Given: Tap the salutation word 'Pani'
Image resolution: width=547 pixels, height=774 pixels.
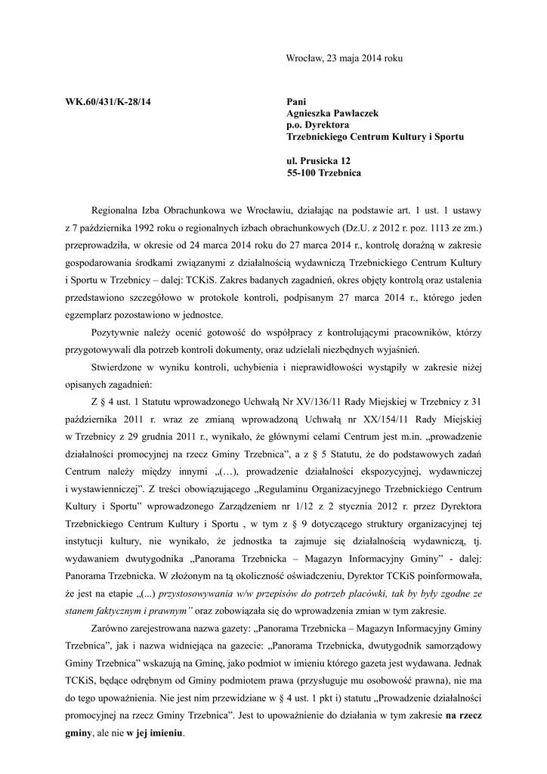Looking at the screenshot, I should click(x=297, y=101).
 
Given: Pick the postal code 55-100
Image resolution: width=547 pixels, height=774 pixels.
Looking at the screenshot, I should click(x=303, y=173).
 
